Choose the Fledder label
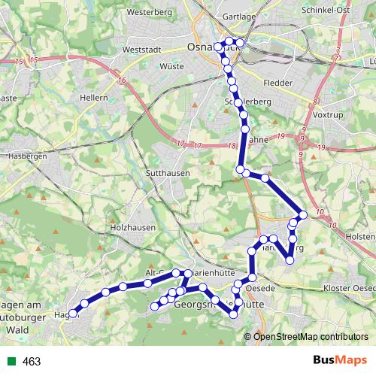click(x=278, y=83)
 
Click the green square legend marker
click(x=12, y=362)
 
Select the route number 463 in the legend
click(x=32, y=362)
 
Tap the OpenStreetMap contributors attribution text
click(x=310, y=336)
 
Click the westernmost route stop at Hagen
click(x=73, y=314)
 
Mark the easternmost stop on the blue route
click(x=303, y=215)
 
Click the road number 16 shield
click(x=122, y=78)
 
